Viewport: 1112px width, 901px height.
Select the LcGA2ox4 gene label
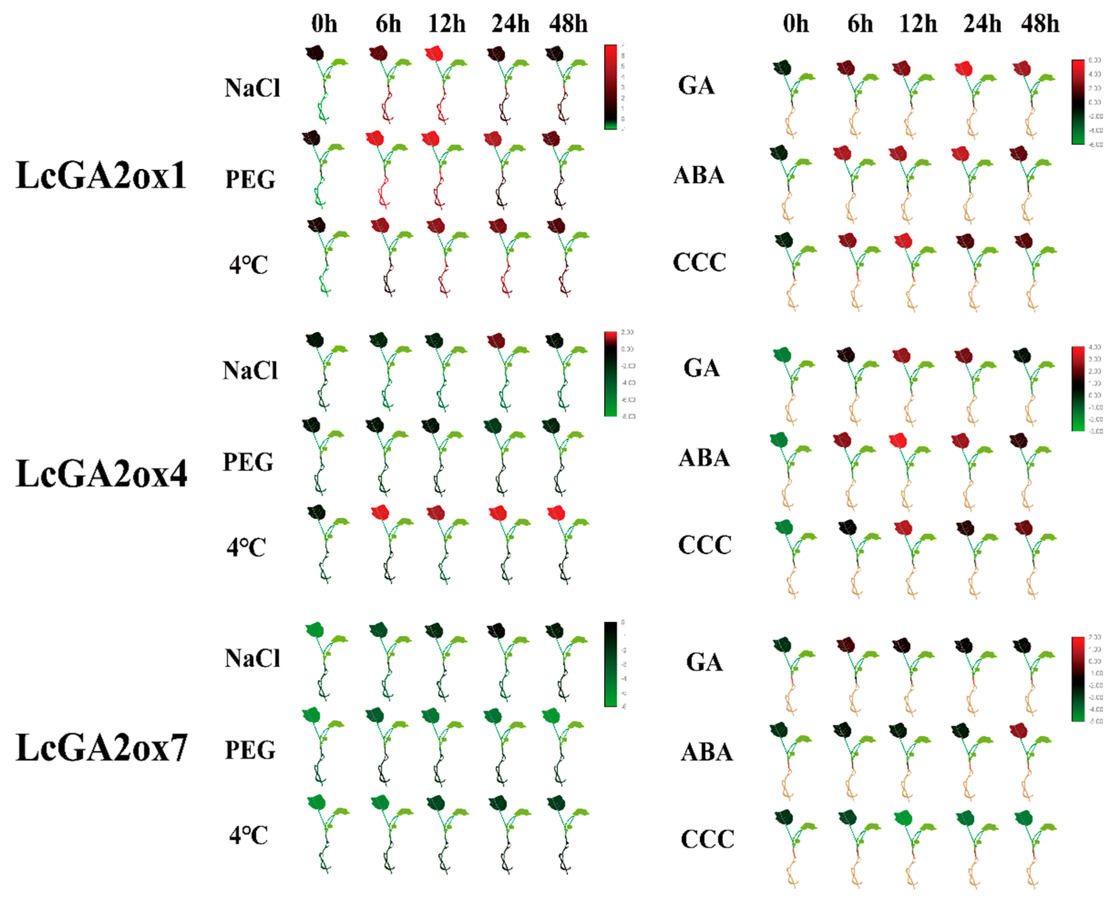click(101, 473)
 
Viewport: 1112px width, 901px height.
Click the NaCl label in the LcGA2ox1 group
click(252, 88)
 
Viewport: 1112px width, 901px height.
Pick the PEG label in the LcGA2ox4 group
click(248, 462)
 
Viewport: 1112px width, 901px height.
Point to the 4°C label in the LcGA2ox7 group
click(249, 835)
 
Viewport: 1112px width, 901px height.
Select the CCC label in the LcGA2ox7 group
click(707, 839)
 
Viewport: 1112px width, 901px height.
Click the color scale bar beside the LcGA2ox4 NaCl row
click(610, 374)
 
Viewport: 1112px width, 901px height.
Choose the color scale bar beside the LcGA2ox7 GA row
click(1078, 679)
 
